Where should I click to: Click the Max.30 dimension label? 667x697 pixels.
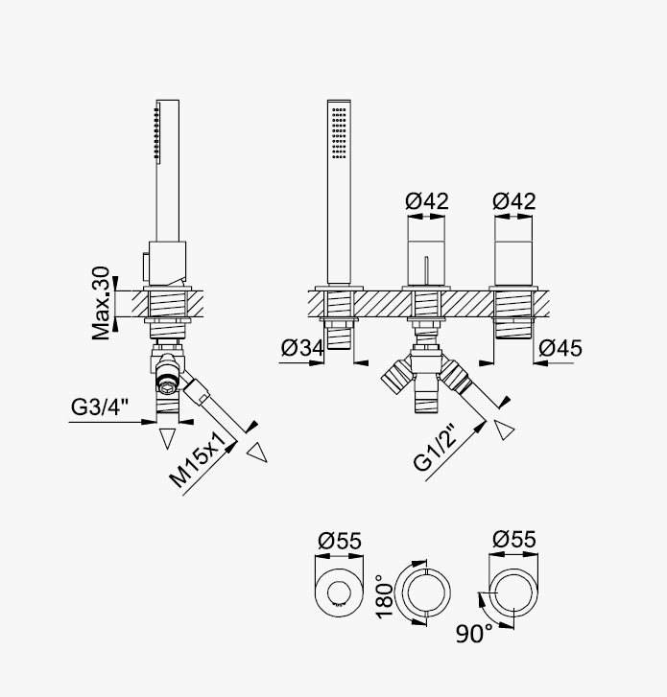point(101,303)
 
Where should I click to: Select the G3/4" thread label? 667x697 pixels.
point(99,407)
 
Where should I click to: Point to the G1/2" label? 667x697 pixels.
point(435,447)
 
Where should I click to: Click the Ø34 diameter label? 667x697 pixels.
point(302,348)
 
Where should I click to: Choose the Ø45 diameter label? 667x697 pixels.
point(560,348)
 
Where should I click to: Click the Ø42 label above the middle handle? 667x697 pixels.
point(427,201)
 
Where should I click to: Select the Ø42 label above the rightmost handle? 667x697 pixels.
point(514,201)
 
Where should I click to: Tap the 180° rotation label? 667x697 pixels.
point(385,596)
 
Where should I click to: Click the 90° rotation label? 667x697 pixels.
point(474,634)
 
